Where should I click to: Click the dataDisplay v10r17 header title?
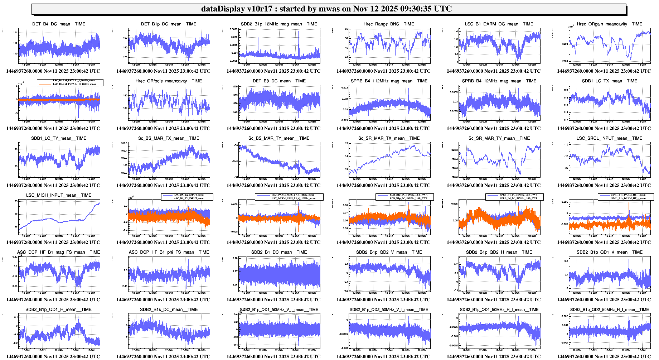(x=326, y=9)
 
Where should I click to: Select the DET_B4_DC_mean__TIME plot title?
(x=59, y=24)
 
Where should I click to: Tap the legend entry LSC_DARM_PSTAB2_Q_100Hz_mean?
(x=74, y=84)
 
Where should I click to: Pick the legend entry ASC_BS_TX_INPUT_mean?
(x=189, y=195)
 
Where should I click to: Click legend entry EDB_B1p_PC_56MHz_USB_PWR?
(x=408, y=198)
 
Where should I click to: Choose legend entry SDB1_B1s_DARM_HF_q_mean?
(x=628, y=198)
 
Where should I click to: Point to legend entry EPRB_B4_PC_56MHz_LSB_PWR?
(x=518, y=195)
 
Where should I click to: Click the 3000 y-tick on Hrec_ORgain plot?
(x=565, y=44)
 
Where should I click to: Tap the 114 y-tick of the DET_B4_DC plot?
(x=15, y=33)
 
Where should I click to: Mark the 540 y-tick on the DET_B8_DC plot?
(x=235, y=87)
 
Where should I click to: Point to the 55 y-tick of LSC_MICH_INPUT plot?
(x=16, y=201)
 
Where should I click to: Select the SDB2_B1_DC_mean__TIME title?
(x=279, y=252)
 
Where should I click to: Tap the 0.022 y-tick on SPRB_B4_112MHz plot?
(x=344, y=87)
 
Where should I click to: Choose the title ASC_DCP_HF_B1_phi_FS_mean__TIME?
(x=169, y=252)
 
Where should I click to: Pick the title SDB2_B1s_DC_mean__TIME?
(x=169, y=309)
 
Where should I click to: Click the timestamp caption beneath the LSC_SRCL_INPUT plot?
(x=604, y=185)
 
